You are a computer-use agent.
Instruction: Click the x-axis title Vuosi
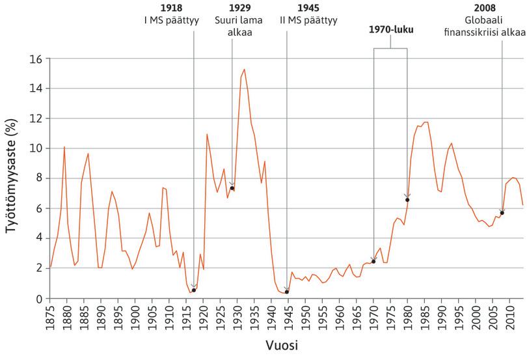[286, 344]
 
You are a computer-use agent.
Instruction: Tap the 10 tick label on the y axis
[36, 148]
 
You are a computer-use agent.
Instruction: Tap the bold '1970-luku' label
[390, 29]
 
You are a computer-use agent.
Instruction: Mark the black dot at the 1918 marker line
[194, 290]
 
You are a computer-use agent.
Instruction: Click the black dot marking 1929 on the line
[232, 188]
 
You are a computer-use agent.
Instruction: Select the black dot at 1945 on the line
[286, 292]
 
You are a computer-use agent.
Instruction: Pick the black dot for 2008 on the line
[502, 213]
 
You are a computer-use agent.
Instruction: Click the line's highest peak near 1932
[244, 69]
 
